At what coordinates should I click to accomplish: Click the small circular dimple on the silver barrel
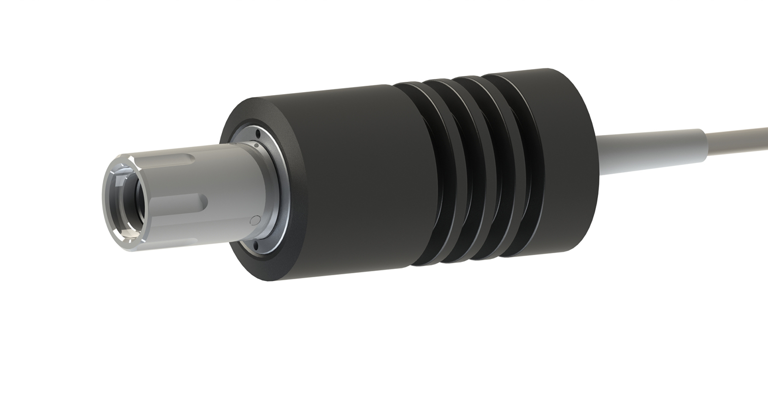tap(255, 220)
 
